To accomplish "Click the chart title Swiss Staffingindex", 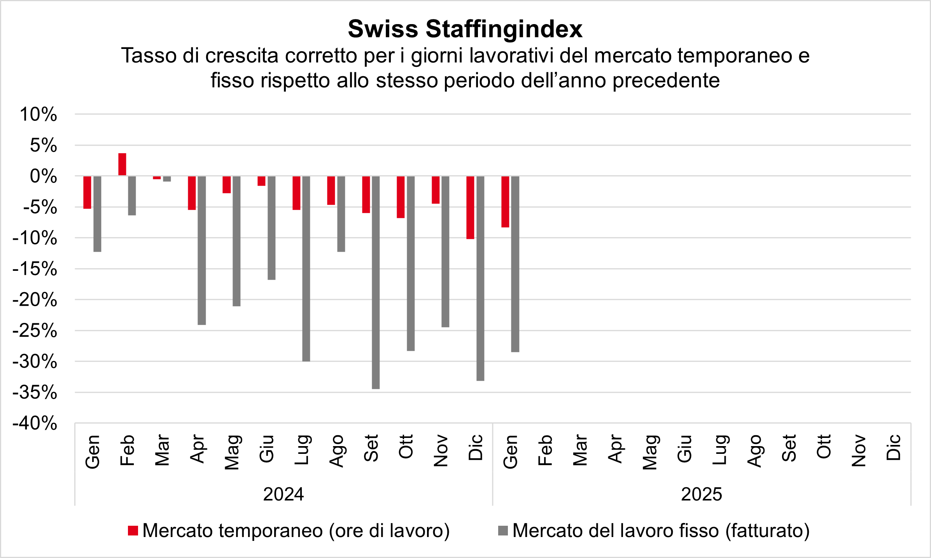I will pos(465,29).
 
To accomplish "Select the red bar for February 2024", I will pos(122,164).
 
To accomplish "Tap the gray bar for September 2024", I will pos(376,282).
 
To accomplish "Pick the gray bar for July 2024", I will pos(306,269).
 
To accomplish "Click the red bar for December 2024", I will pos(470,208).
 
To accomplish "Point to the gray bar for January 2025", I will pos(515,264).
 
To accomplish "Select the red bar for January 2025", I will pos(505,202).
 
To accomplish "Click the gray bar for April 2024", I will pos(202,250).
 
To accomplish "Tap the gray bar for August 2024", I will pos(341,214).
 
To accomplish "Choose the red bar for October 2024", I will pos(401,197).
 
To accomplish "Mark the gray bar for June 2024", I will pos(271,228).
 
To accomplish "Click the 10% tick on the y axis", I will pos(38,115).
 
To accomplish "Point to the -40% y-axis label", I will pos(35,423).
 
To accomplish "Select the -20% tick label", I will pos(35,300).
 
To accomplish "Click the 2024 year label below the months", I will pos(283,494).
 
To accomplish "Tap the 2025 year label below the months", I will pos(702,494).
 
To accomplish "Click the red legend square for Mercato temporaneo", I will pos(133,531).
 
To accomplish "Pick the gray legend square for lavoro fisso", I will pos(503,531).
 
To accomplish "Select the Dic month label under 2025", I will pos(893,448).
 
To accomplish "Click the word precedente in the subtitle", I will pos(666,80).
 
